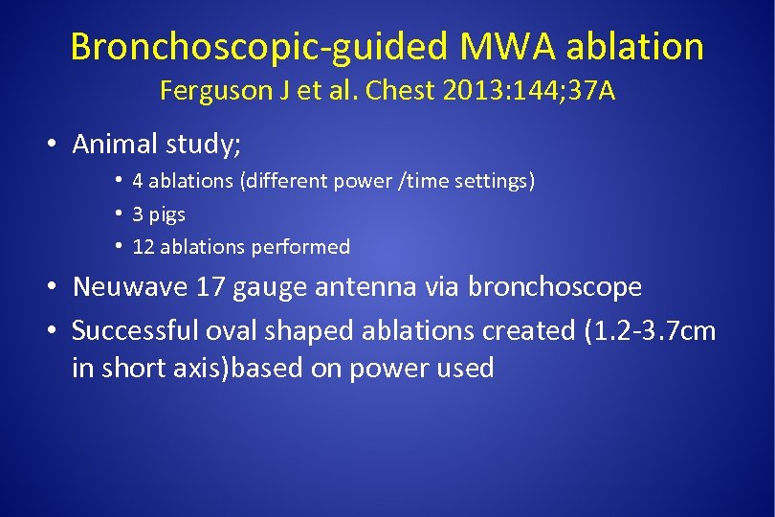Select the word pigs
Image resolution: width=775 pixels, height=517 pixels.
point(167,214)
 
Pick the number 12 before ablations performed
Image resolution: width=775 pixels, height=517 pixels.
point(143,247)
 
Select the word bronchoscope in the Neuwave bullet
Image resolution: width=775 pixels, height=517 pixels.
point(560,287)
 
